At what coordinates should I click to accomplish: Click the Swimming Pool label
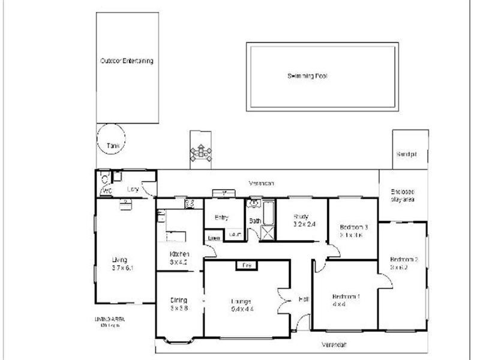[307, 76]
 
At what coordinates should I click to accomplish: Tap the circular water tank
[110, 138]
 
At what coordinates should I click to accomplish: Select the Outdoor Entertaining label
[127, 61]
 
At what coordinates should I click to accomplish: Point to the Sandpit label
[406, 154]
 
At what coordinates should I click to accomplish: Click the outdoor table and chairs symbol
[200, 154]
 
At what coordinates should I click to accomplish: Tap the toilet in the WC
[104, 178]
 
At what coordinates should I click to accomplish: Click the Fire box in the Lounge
[245, 265]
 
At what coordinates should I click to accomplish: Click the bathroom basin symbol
[253, 203]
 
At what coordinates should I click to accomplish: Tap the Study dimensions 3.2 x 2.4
[304, 224]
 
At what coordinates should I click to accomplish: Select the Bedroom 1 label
[347, 296]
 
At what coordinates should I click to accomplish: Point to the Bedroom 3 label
[353, 227]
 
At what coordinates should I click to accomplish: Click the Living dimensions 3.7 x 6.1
[122, 268]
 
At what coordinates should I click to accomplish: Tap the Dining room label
[178, 300]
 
